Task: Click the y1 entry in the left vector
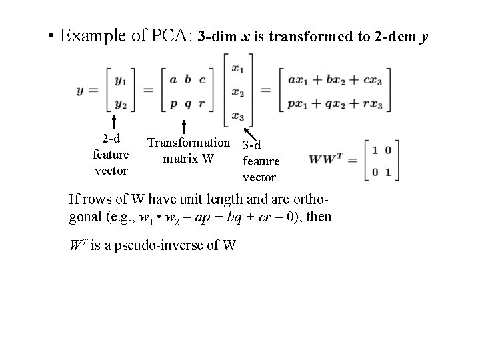pos(121,80)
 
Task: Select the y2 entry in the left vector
pos(121,104)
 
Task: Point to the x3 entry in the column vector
pos(237,116)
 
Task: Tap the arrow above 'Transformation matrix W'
pos(184,126)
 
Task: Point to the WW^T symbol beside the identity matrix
pos(327,161)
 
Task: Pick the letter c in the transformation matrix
pos(202,80)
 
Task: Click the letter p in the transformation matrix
pos(173,104)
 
